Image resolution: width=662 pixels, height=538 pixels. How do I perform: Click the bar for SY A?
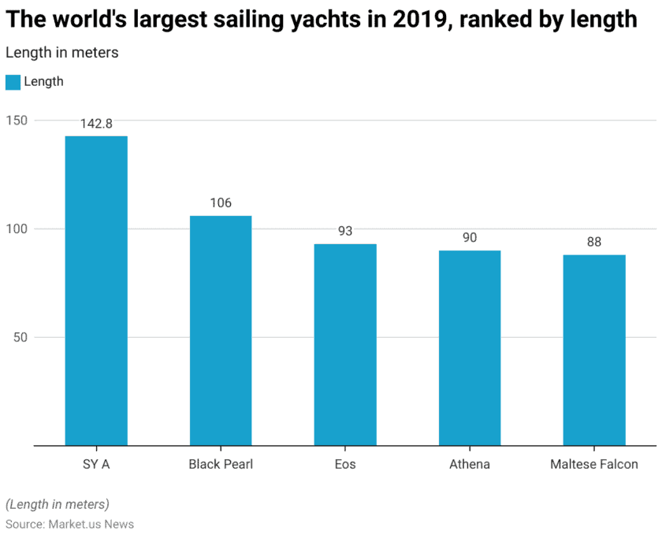pyautogui.click(x=96, y=291)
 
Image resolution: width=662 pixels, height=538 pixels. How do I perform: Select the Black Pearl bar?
pyautogui.click(x=221, y=331)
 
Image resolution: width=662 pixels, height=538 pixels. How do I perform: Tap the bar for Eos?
pyautogui.click(x=345, y=344)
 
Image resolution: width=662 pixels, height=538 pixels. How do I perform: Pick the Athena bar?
pyautogui.click(x=470, y=347)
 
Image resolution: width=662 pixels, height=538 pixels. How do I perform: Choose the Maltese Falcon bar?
pyautogui.click(x=594, y=350)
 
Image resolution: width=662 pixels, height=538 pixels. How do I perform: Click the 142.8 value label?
pyautogui.click(x=96, y=124)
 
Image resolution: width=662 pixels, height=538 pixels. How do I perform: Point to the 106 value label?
pyautogui.click(x=221, y=203)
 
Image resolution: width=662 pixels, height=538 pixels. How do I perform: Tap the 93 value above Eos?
pyautogui.click(x=345, y=232)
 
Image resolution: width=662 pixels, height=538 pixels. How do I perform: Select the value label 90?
pyautogui.click(x=470, y=238)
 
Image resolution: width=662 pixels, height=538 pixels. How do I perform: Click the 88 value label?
pyautogui.click(x=594, y=243)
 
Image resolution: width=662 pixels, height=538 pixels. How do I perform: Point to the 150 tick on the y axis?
pyautogui.click(x=18, y=121)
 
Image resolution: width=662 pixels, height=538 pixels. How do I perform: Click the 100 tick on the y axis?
pyautogui.click(x=18, y=229)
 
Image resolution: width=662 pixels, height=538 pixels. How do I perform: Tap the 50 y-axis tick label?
pyautogui.click(x=21, y=337)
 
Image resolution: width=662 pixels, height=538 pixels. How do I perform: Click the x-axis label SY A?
pyautogui.click(x=96, y=464)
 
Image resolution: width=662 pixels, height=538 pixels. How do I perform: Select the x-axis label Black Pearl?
pyautogui.click(x=221, y=464)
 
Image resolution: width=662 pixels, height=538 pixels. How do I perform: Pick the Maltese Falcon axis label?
pyautogui.click(x=594, y=464)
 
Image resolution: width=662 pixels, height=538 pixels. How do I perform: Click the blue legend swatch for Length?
pyautogui.click(x=13, y=82)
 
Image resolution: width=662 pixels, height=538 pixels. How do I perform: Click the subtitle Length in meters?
pyautogui.click(x=62, y=53)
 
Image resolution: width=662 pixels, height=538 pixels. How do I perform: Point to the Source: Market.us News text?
pyautogui.click(x=69, y=524)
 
